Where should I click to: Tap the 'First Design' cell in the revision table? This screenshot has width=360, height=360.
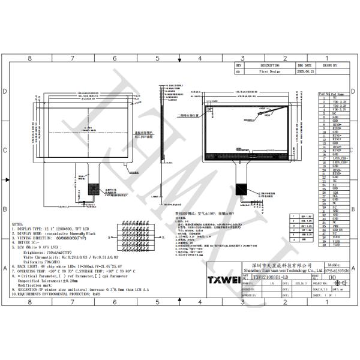point(269,71)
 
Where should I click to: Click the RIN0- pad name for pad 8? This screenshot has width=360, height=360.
point(337,124)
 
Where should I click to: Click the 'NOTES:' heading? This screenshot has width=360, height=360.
point(18,224)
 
